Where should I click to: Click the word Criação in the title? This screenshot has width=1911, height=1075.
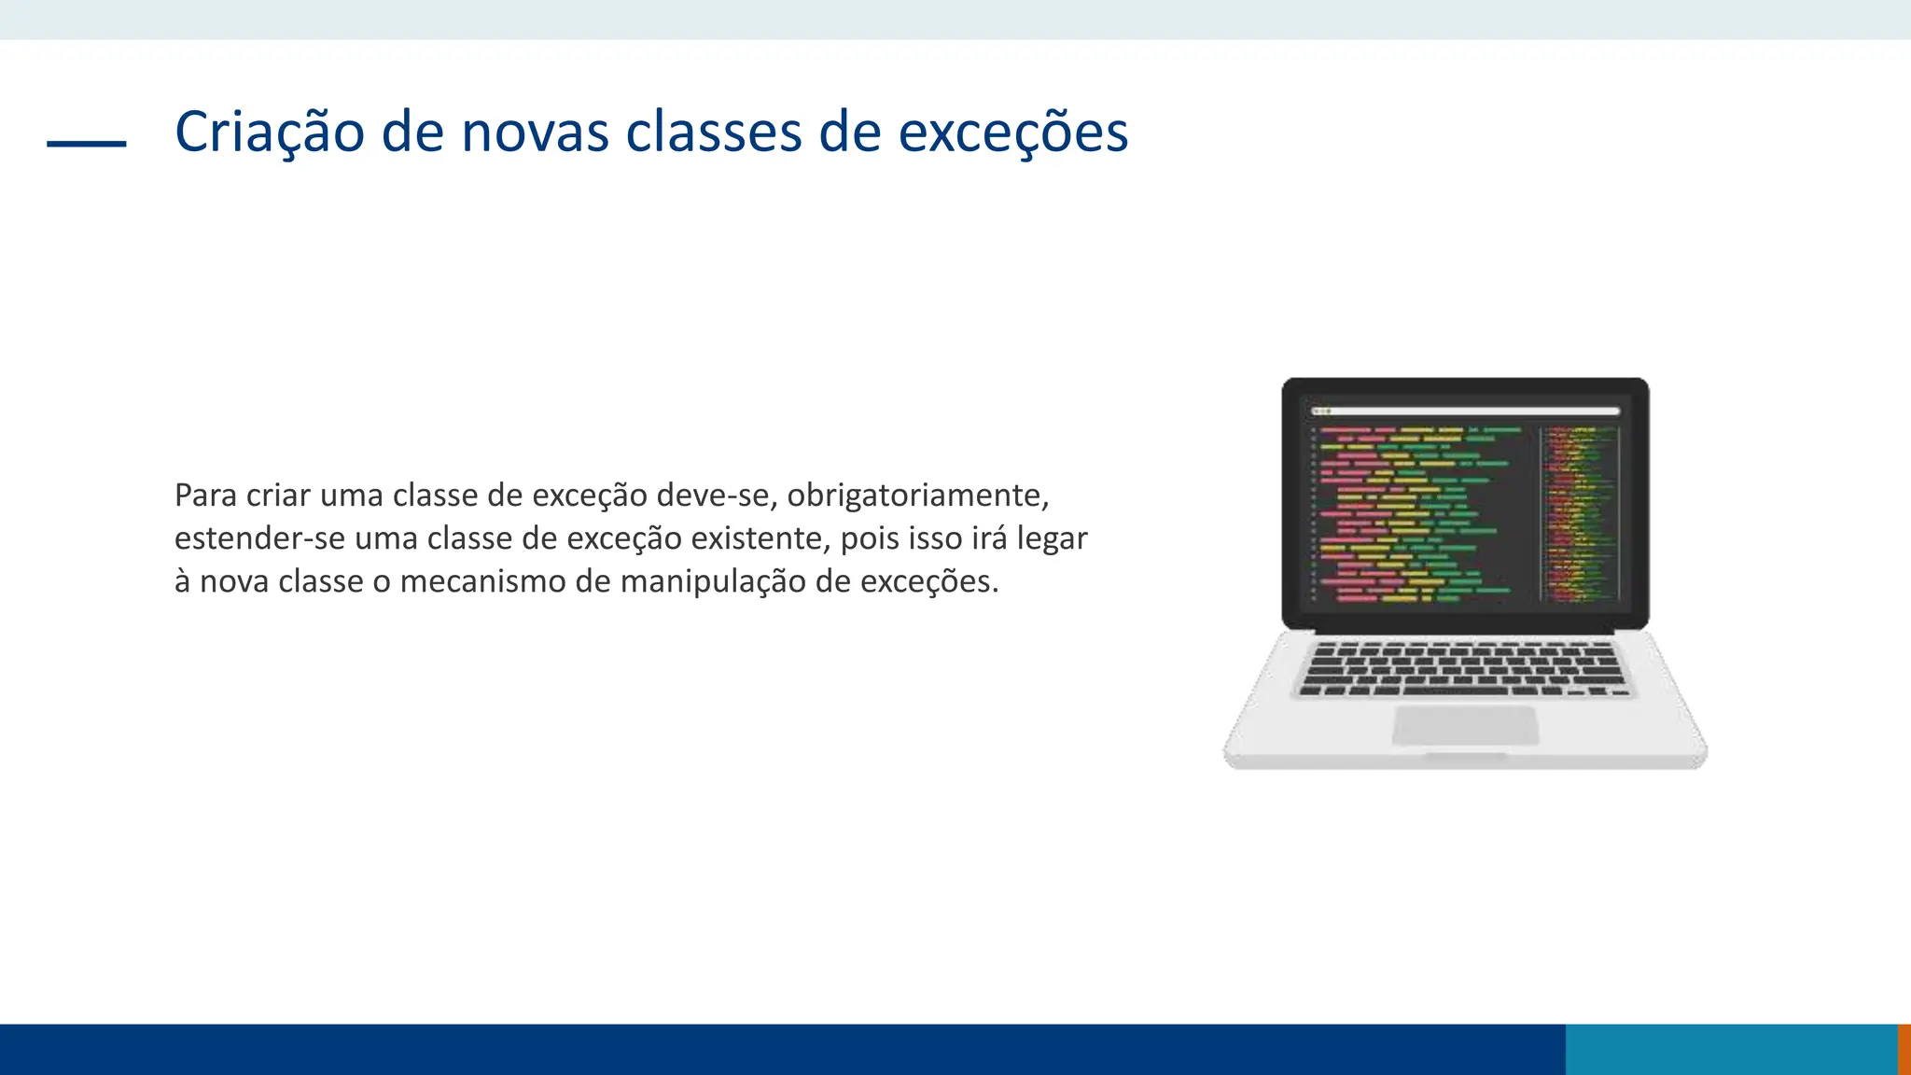(269, 132)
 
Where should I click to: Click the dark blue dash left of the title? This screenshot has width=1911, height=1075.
(87, 144)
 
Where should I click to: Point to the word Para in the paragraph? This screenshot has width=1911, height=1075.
(205, 495)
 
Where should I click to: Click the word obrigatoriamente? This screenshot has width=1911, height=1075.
(918, 495)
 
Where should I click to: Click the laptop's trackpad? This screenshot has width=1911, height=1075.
(1465, 724)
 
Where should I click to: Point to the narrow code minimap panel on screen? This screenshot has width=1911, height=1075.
(1579, 513)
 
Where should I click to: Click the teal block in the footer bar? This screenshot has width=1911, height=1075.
(1731, 1049)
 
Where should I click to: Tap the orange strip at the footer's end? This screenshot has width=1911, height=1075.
(1904, 1049)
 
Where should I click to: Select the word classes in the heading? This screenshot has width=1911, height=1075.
(714, 132)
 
